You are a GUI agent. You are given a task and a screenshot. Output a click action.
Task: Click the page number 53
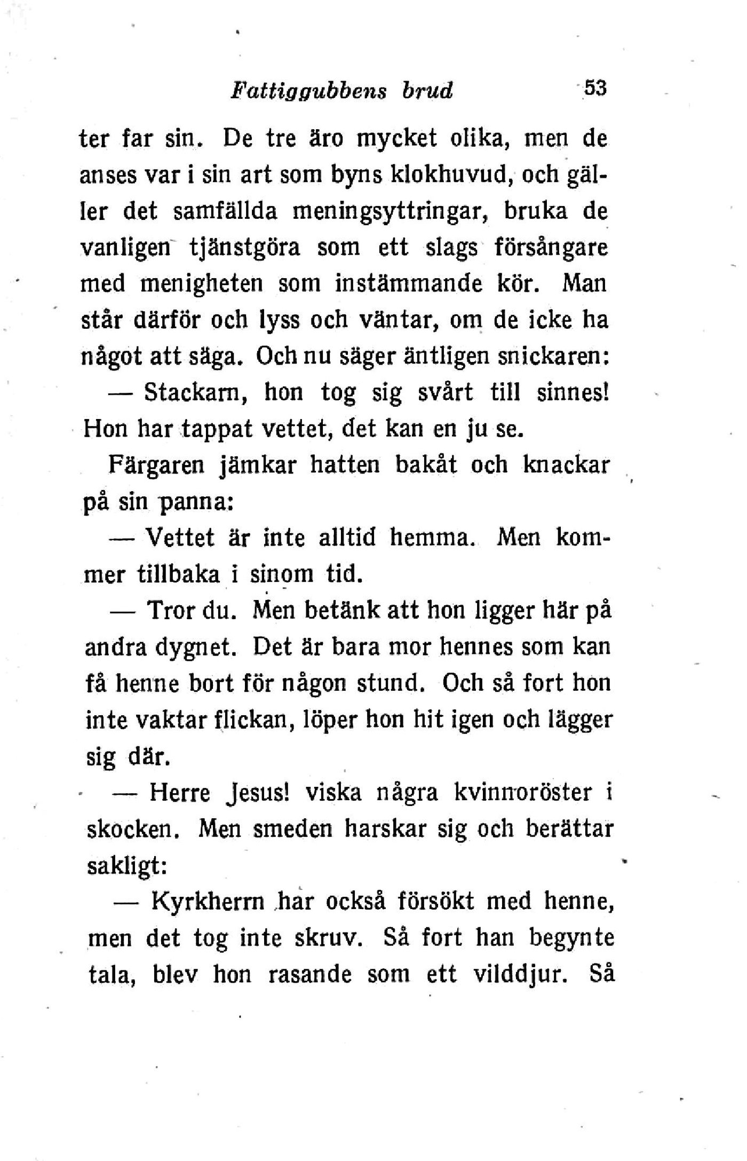click(x=595, y=88)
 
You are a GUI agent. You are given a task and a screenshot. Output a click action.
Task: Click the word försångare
click(x=552, y=248)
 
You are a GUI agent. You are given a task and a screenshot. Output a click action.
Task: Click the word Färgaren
click(x=156, y=465)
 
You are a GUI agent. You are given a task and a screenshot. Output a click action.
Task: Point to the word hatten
click(x=345, y=465)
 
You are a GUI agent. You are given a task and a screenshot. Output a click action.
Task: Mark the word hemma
click(x=432, y=538)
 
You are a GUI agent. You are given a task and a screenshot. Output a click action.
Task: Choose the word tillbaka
click(x=179, y=574)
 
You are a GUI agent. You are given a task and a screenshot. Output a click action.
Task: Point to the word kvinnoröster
click(x=522, y=792)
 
